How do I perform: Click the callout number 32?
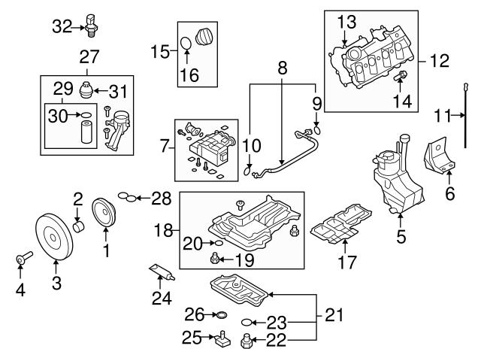(64, 27)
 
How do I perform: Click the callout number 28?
(161, 199)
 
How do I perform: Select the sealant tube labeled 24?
(161, 274)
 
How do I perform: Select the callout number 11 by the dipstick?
(444, 115)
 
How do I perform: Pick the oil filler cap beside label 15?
(202, 37)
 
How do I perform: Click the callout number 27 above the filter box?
(90, 56)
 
